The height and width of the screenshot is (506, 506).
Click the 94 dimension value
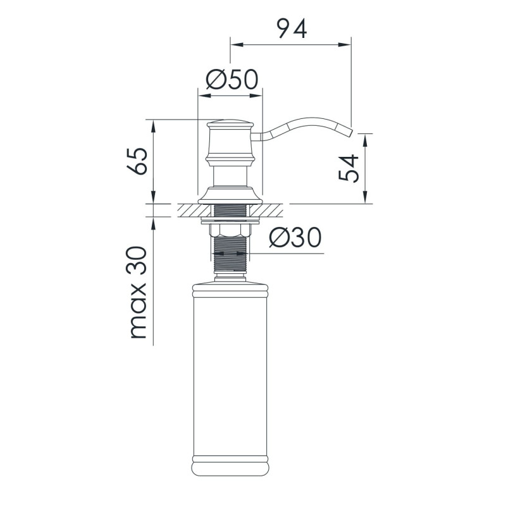(x=292, y=29)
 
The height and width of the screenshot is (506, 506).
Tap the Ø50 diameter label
(x=232, y=80)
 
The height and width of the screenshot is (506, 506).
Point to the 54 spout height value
(x=349, y=168)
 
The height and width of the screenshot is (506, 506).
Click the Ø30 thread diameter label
(x=295, y=238)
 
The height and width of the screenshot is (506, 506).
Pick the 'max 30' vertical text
(x=138, y=292)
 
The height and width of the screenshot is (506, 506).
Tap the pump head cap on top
(x=230, y=123)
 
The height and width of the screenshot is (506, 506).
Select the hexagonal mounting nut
(x=230, y=230)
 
